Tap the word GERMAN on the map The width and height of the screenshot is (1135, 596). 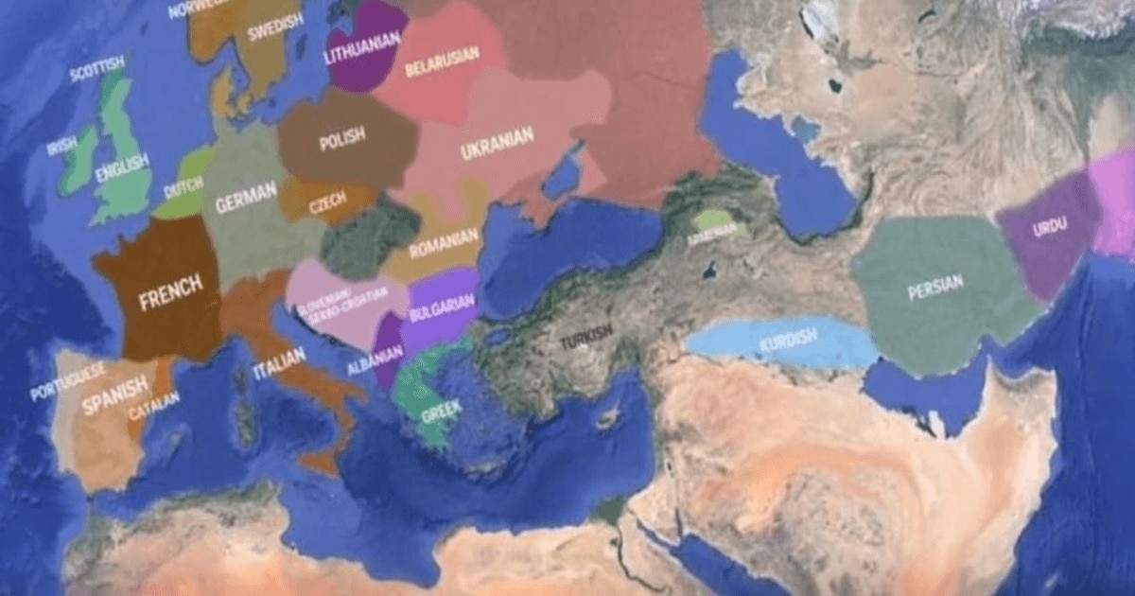tap(246, 197)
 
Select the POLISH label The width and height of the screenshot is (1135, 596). tap(341, 141)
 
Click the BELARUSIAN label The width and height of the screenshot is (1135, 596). tap(442, 62)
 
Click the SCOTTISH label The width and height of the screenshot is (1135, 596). tap(97, 68)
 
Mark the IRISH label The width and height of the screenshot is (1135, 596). tap(61, 146)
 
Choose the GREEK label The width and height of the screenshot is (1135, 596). tap(441, 412)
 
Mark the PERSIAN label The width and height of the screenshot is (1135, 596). tap(934, 286)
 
